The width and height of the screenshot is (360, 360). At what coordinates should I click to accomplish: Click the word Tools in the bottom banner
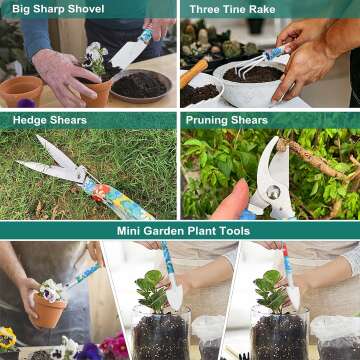(232, 230)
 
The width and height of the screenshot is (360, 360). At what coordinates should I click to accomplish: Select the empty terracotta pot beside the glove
(20, 91)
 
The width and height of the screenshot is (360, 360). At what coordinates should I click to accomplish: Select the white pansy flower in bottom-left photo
(50, 291)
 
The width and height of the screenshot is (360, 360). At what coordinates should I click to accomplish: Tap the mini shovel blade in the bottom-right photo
(293, 296)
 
